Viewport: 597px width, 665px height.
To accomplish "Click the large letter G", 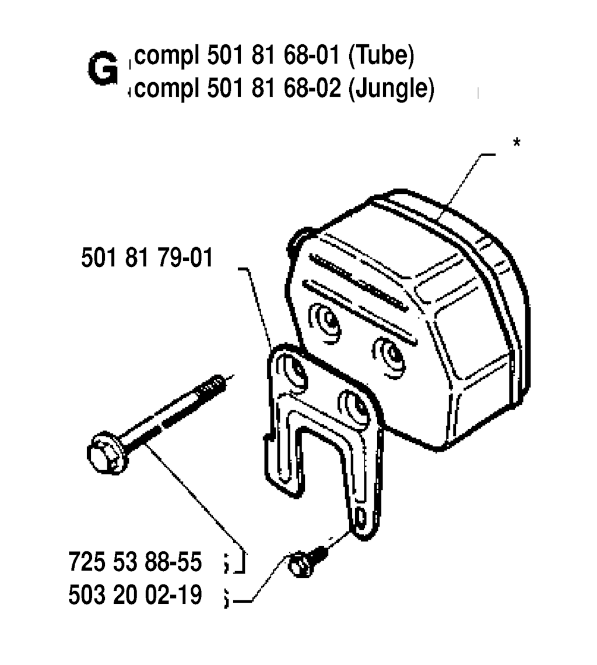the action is click(x=103, y=68).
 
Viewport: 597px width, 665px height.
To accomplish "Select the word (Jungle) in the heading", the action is click(x=391, y=89).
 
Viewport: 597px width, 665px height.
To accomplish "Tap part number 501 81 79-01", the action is click(x=147, y=258).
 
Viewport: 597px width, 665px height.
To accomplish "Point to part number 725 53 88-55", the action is click(x=135, y=562).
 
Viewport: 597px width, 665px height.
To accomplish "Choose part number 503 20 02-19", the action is click(x=135, y=594).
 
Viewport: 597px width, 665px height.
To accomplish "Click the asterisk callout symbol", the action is click(x=517, y=142).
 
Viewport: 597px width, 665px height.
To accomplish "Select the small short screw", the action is click(x=308, y=562).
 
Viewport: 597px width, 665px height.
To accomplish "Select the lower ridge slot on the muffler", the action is click(x=360, y=312).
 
